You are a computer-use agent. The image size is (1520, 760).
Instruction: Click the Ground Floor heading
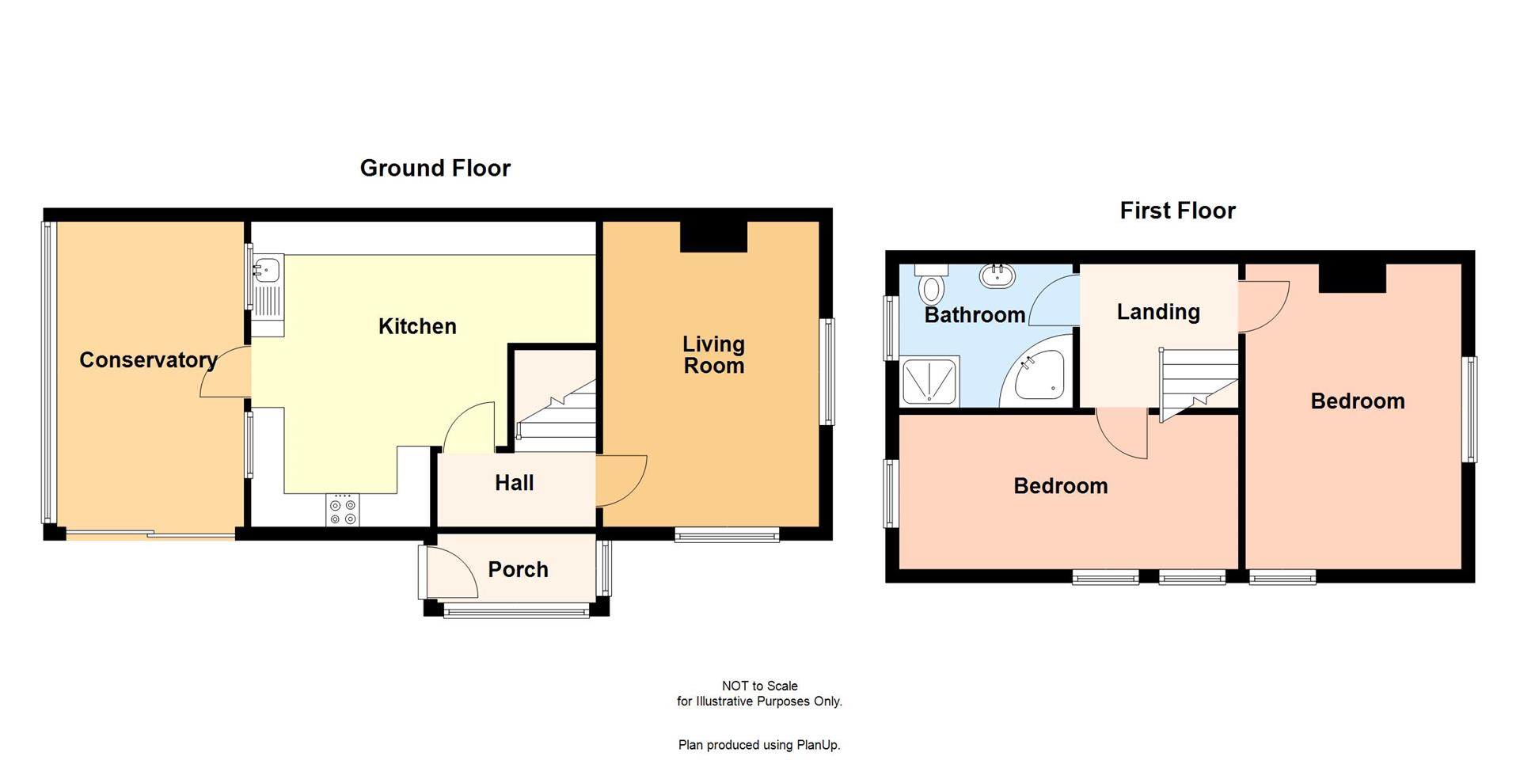435,168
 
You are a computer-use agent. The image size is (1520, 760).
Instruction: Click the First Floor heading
1177,211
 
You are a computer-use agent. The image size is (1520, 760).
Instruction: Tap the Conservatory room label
148,360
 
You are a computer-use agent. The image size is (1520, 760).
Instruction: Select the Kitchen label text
417,326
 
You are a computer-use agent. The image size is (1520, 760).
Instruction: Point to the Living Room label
713,355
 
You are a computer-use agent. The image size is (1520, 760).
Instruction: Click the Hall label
514,483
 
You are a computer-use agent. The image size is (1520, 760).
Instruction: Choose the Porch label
518,569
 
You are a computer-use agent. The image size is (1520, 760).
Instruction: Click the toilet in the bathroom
932,286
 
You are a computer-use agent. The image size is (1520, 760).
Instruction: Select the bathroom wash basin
998,275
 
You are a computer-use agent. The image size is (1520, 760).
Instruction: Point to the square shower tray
929,382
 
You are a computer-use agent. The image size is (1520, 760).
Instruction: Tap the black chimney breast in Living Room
713,236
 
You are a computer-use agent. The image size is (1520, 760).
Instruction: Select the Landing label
1157,312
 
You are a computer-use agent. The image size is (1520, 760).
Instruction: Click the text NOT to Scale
759,686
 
